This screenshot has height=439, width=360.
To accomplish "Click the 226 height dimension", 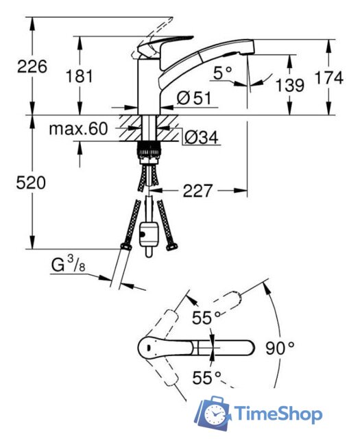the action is pos(32,67).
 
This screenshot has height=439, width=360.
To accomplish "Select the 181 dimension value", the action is pos(80,76).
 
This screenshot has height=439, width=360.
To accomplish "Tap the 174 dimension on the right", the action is pos(328,78).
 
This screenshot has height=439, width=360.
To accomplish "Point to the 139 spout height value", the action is pos(290,85).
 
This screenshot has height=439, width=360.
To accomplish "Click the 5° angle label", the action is pos(223,73).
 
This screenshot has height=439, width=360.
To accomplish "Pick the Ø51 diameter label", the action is pos(194,98).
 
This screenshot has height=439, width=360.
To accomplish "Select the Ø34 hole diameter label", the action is pos(201,137).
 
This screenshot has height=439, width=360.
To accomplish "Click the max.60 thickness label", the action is pos(78,129).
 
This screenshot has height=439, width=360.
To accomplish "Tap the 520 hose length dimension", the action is pos(31,183).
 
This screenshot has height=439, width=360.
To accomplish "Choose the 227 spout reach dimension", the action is pos(197,191).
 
